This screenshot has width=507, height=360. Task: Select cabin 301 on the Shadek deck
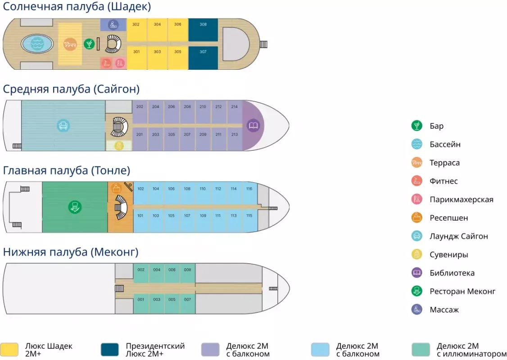click(136, 58)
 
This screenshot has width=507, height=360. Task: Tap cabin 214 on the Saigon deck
click(234, 112)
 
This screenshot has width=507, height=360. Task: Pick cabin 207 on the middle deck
click(187, 139)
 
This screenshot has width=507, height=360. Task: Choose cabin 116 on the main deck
click(249, 194)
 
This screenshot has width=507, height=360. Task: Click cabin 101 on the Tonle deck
click(140, 220)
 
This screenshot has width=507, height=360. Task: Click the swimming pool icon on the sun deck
click(36, 44)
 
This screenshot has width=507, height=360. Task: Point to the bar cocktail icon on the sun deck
click(89, 44)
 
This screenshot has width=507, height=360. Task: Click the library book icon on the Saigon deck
click(253, 125)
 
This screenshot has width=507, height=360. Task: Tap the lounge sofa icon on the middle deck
click(63, 125)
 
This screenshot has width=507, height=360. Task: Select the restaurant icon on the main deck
click(75, 207)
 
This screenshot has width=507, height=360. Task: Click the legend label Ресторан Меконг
click(462, 291)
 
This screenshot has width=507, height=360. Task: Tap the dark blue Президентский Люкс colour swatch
click(110, 350)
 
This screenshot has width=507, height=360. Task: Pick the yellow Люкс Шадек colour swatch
click(9, 350)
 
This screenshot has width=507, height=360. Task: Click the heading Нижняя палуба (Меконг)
click(71, 252)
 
